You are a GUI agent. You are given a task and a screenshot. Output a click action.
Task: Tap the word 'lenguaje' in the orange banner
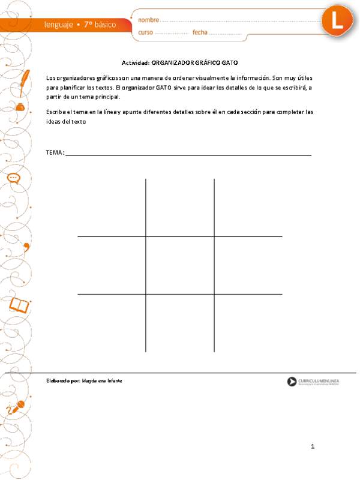[x=59, y=25]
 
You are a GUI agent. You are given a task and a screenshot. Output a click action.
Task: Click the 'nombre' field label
[x=149, y=20]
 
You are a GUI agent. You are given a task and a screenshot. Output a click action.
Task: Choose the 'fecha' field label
[x=200, y=32]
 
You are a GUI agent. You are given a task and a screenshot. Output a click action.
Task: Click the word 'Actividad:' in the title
[x=136, y=62]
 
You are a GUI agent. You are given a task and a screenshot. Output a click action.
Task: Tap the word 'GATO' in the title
[x=230, y=62]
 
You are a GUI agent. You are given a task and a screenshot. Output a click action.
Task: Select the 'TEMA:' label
[x=55, y=152]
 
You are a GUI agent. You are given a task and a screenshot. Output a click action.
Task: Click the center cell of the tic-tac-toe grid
[x=180, y=265]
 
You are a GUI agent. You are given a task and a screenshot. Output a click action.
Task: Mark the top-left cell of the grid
[x=112, y=208]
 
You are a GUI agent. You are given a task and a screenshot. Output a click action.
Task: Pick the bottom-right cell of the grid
[x=248, y=323]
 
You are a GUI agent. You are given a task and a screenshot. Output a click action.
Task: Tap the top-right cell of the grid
[x=248, y=208]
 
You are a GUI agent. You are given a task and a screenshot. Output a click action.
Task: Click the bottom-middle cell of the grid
[x=180, y=323]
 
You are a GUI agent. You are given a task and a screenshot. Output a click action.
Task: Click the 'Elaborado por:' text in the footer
[x=62, y=381]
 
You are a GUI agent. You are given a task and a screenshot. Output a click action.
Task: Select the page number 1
[x=313, y=446]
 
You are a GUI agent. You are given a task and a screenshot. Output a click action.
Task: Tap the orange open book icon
[x=19, y=306]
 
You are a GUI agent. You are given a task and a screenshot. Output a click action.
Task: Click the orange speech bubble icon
[x=14, y=178]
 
